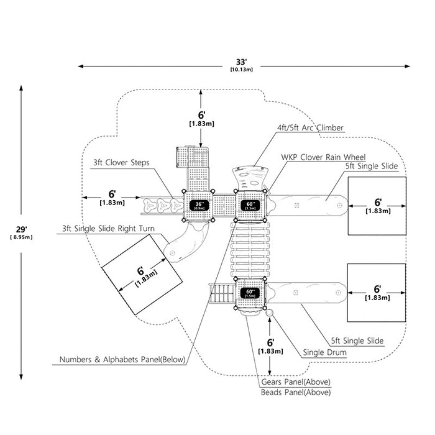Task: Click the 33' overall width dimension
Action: (241, 65)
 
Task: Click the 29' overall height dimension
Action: (21, 232)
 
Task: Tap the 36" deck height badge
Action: (199, 205)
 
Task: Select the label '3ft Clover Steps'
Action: (121, 163)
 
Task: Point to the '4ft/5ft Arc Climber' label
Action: (310, 127)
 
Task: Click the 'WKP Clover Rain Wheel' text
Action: (323, 157)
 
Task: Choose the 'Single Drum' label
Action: (324, 352)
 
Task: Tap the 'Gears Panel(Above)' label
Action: (296, 382)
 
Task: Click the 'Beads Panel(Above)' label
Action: (296, 392)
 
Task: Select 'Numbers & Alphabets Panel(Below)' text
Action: (122, 360)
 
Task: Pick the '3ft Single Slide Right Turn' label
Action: (108, 229)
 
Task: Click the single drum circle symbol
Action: (269, 313)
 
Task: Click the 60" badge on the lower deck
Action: (250, 293)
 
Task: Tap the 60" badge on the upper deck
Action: (250, 206)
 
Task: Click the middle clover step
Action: (163, 206)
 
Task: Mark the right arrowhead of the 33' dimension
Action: (407, 66)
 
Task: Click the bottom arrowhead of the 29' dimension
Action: (21, 377)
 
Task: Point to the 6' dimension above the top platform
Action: (201, 119)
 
